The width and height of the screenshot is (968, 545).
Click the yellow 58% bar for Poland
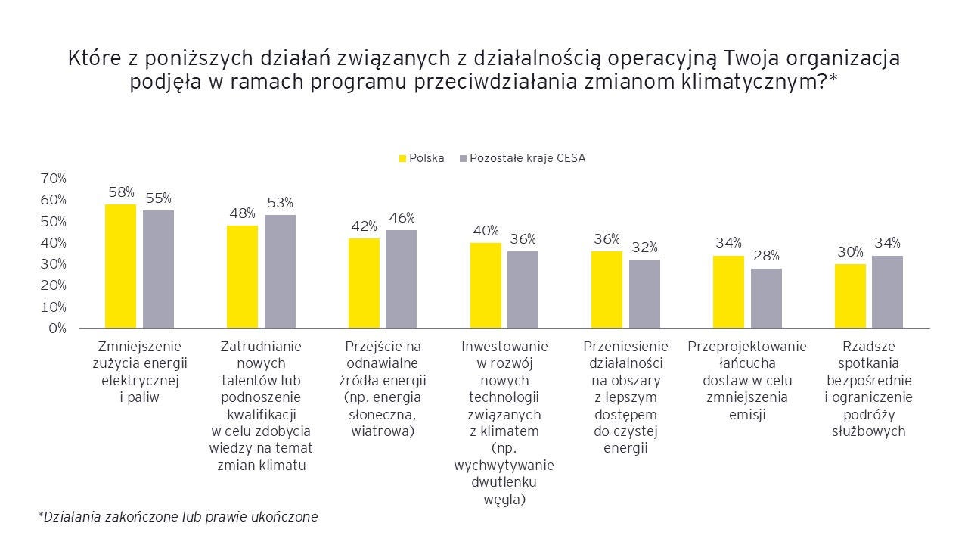121,266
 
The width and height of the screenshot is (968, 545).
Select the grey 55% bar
158,269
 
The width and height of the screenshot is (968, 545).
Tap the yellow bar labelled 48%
242,276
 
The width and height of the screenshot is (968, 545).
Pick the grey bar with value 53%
280,271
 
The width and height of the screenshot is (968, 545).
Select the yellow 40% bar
486,285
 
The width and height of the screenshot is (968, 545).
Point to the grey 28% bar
766,298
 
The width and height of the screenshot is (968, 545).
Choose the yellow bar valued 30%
850,296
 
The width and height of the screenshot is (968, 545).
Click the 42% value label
364,226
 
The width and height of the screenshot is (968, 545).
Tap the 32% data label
645,248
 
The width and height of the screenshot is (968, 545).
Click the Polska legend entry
422,158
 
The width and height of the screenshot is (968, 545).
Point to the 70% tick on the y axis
54,179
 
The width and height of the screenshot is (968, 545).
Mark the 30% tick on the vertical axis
54,264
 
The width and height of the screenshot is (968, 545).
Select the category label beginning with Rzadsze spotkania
868,388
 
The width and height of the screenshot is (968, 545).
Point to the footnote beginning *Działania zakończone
178,517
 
